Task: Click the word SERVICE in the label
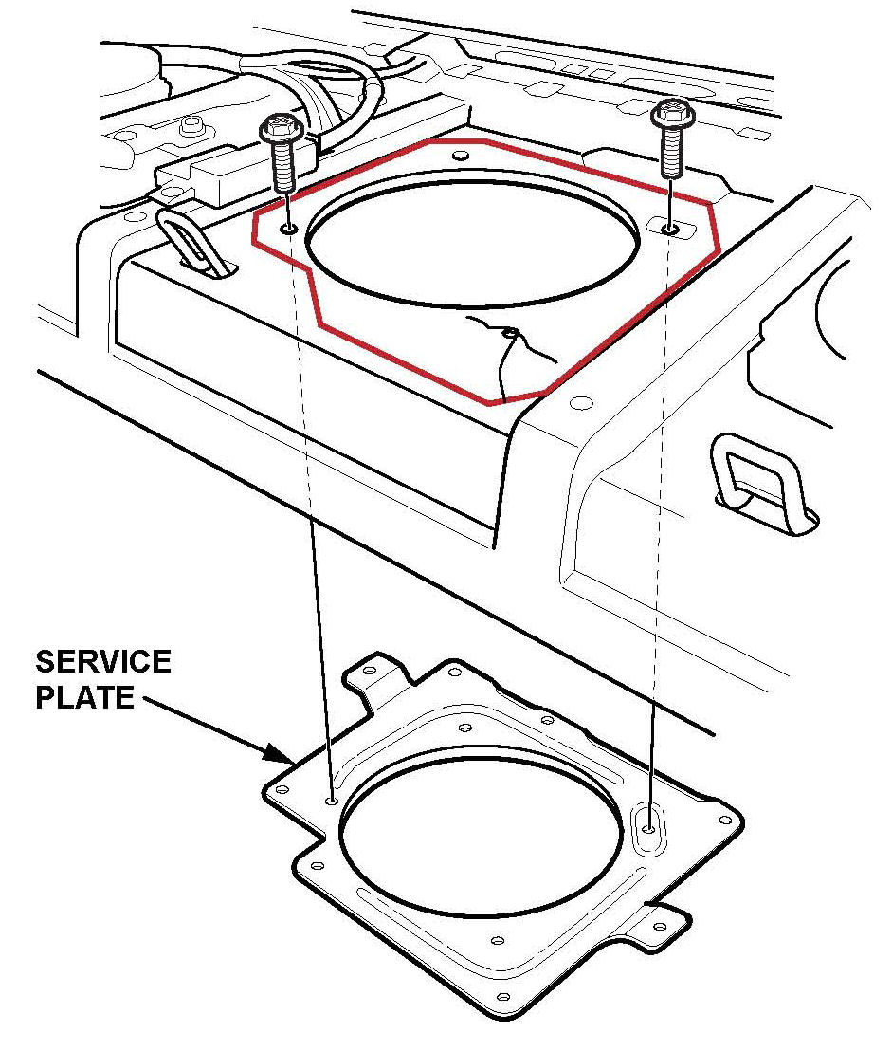[103, 662]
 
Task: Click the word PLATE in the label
[84, 698]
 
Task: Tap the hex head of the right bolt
[669, 115]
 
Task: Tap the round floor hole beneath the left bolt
[288, 228]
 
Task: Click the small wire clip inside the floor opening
[510, 334]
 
